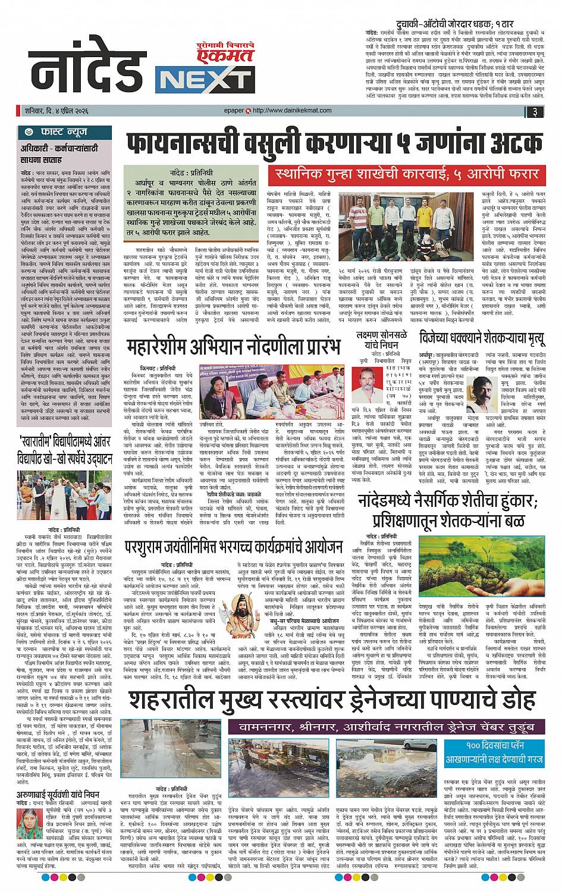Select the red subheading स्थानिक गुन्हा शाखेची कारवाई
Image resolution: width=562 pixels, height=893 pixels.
404,174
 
